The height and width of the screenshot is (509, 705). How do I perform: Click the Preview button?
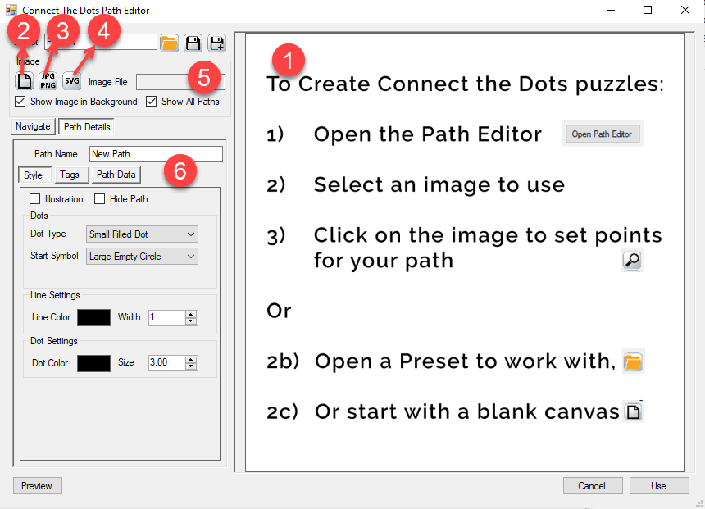[x=37, y=486]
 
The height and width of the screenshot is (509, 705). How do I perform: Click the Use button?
[x=658, y=486]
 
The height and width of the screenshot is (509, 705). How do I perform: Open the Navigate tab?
[x=33, y=126]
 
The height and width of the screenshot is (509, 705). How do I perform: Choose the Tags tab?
[x=70, y=175]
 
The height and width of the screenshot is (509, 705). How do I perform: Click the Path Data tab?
[x=116, y=175]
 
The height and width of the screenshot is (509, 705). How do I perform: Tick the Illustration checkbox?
[x=35, y=199]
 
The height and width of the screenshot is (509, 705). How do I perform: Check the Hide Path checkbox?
[x=100, y=199]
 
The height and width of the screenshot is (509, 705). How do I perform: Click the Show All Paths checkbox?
[x=152, y=102]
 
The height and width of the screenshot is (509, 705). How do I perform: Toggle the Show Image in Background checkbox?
[x=20, y=102]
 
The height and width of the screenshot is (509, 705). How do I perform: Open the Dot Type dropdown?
[x=142, y=234]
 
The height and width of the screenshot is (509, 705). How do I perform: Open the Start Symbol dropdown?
[x=142, y=257]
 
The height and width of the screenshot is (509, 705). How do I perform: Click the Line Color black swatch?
[x=93, y=317]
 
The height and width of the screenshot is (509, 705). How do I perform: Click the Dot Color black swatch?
[x=93, y=362]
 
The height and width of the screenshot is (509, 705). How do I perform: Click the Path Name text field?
[x=156, y=154]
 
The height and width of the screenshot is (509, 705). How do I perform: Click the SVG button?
[x=72, y=81]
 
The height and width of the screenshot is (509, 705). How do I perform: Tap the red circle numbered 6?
[x=180, y=170]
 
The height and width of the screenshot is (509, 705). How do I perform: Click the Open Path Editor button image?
[x=602, y=134]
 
